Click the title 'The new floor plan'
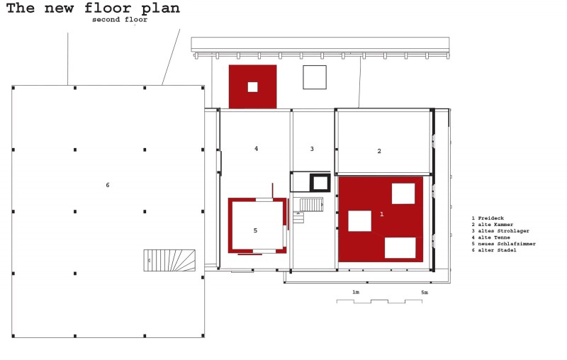coord(93,8)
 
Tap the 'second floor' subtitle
coord(120,20)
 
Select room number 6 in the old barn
coord(108,185)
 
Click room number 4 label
coord(256,149)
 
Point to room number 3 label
coord(312,149)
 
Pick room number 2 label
coord(379,151)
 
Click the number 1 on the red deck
coord(381,214)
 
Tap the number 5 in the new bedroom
coord(255,230)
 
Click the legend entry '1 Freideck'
coord(488,218)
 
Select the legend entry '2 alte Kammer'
coord(492,225)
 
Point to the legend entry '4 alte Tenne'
coord(490,237)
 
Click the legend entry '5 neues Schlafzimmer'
coord(503,244)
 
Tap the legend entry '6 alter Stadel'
coord(493,250)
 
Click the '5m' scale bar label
coord(425,293)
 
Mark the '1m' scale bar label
coord(356,292)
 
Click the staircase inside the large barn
coord(169,260)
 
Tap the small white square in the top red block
coord(252,87)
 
